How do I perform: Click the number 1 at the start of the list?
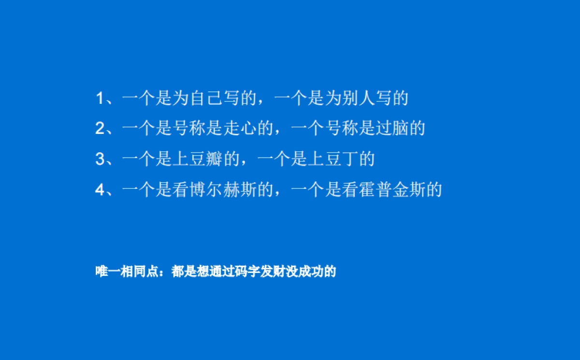click(100, 99)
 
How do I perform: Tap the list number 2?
click(100, 129)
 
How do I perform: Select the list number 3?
click(100, 159)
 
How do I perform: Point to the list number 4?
click(100, 189)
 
